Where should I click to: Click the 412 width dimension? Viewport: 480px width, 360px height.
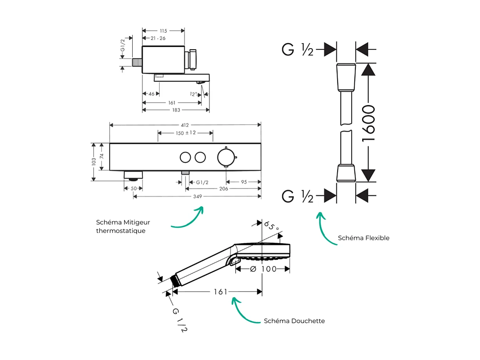(x=185, y=125)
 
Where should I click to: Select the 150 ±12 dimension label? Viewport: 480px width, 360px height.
(x=185, y=133)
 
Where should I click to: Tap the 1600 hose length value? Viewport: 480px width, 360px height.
(x=368, y=123)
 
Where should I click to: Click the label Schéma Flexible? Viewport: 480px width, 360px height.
(x=363, y=238)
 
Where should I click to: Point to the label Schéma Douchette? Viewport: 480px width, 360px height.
(x=294, y=321)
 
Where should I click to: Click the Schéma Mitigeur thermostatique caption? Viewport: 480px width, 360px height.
(x=123, y=226)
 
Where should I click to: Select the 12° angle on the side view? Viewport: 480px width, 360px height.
(x=193, y=94)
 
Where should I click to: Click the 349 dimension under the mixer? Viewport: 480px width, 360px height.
(x=198, y=197)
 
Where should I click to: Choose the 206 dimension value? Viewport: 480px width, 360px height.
(x=223, y=189)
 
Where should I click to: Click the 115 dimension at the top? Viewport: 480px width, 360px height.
(x=163, y=31)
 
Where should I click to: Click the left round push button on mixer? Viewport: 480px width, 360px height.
(x=185, y=157)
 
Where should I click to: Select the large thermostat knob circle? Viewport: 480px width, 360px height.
(x=226, y=157)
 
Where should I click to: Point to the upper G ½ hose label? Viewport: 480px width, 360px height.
(x=298, y=50)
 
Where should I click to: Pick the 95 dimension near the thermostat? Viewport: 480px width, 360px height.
(x=244, y=182)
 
